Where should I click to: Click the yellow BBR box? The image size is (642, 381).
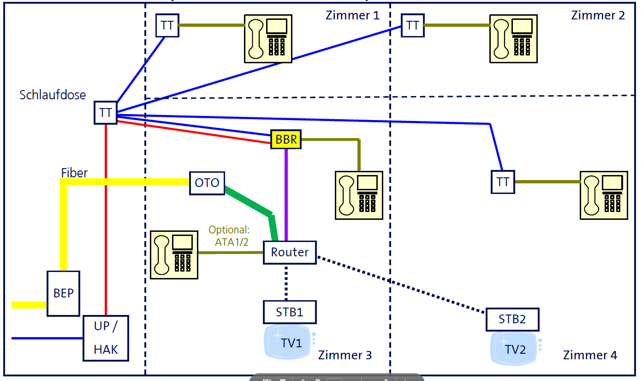pyautogui.click(x=286, y=139)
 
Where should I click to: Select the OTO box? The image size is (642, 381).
pyautogui.click(x=207, y=183)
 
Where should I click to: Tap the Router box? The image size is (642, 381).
pyautogui.click(x=290, y=252)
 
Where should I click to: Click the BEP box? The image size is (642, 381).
pyautogui.click(x=64, y=293)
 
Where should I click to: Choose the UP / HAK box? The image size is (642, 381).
pyautogui.click(x=106, y=338)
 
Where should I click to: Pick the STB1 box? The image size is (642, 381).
pyautogui.click(x=290, y=312)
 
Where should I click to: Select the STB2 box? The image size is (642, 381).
pyautogui.click(x=512, y=320)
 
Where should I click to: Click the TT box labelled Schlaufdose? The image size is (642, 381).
pyautogui.click(x=106, y=113)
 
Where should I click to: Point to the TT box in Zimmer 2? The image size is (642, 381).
pyautogui.click(x=412, y=25)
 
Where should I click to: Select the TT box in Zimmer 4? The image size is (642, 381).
pyautogui.click(x=503, y=182)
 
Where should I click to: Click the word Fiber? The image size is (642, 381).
pyautogui.click(x=74, y=173)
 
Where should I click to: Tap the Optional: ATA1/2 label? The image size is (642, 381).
pyautogui.click(x=229, y=236)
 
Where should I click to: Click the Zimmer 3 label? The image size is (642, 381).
pyautogui.click(x=345, y=355)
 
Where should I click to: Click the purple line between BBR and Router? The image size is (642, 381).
pyautogui.click(x=286, y=194)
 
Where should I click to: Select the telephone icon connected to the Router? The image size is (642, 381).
pyautogui.click(x=174, y=254)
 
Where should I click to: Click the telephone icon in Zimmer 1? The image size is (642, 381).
pyautogui.click(x=268, y=37)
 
